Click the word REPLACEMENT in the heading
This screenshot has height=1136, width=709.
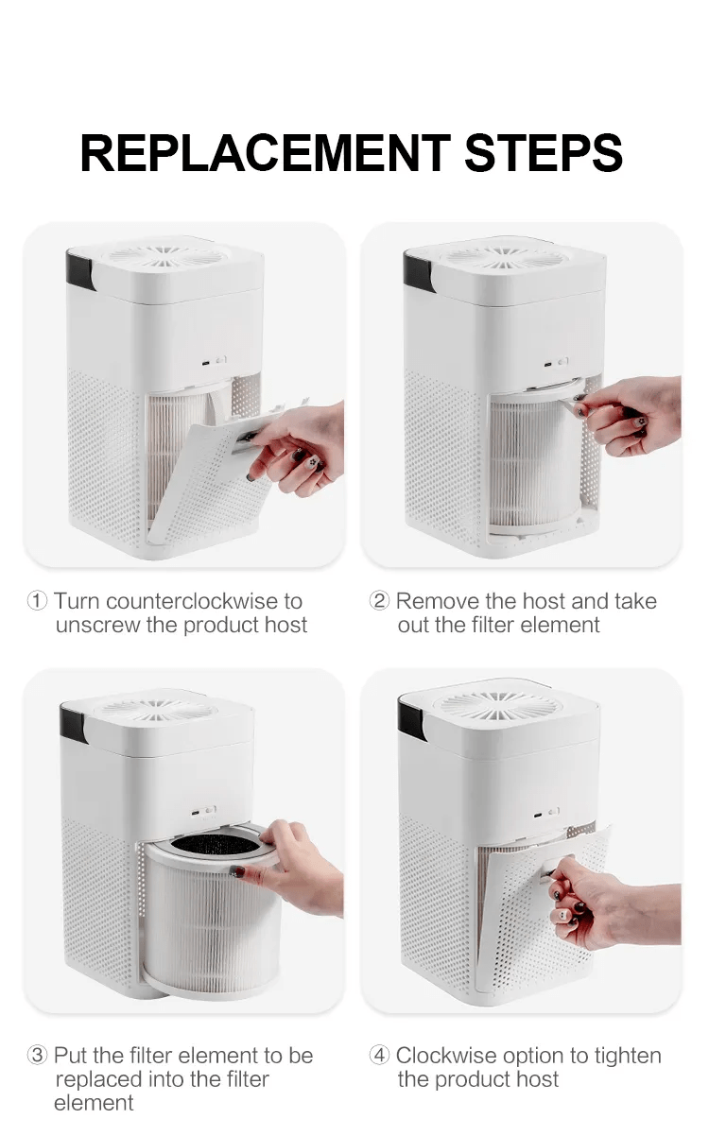coord(266,153)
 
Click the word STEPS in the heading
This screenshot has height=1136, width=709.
coord(544,153)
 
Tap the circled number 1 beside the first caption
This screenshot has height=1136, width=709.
coord(37,601)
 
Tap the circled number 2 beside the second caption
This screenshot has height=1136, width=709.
coord(379,601)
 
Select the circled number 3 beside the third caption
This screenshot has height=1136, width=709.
coord(37,1056)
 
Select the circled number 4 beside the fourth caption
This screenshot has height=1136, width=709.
coord(379,1056)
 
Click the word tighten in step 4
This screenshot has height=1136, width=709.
coord(628,1057)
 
